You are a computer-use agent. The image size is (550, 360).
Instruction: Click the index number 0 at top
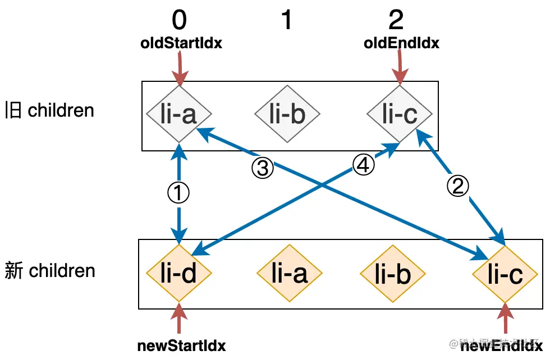[x=178, y=21]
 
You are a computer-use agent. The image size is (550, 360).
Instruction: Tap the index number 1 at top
[x=286, y=21]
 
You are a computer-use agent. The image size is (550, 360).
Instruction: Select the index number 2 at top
[x=396, y=21]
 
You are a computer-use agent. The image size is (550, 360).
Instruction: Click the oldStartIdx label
[x=181, y=43]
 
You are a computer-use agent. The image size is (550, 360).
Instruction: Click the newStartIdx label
[x=181, y=346]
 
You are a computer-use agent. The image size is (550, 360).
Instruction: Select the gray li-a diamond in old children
[x=179, y=114]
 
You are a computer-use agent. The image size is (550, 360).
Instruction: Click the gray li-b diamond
[x=287, y=114]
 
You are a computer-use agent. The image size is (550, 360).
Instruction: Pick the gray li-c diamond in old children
[x=400, y=114]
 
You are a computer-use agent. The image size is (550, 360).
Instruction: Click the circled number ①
[x=178, y=193]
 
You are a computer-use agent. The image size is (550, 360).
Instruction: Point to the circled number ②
[x=459, y=186]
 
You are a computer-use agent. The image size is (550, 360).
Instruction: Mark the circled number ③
[x=263, y=168]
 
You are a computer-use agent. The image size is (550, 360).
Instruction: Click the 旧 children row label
[x=49, y=110]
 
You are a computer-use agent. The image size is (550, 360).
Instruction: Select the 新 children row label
[x=49, y=271]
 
